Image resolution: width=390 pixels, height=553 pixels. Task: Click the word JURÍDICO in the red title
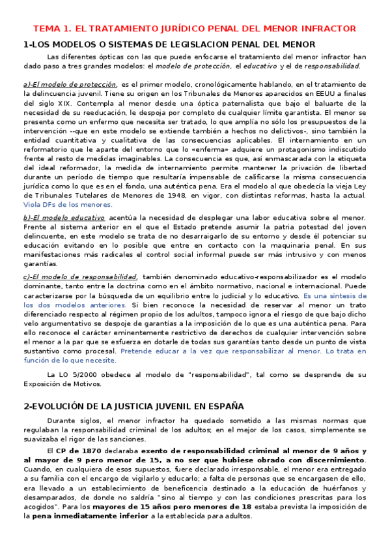coord(172,29)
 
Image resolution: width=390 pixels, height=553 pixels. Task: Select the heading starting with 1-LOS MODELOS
coord(169,44)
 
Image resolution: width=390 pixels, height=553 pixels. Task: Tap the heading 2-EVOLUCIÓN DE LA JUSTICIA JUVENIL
coord(125,405)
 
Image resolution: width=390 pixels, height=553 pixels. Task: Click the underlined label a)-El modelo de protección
coord(70,84)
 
